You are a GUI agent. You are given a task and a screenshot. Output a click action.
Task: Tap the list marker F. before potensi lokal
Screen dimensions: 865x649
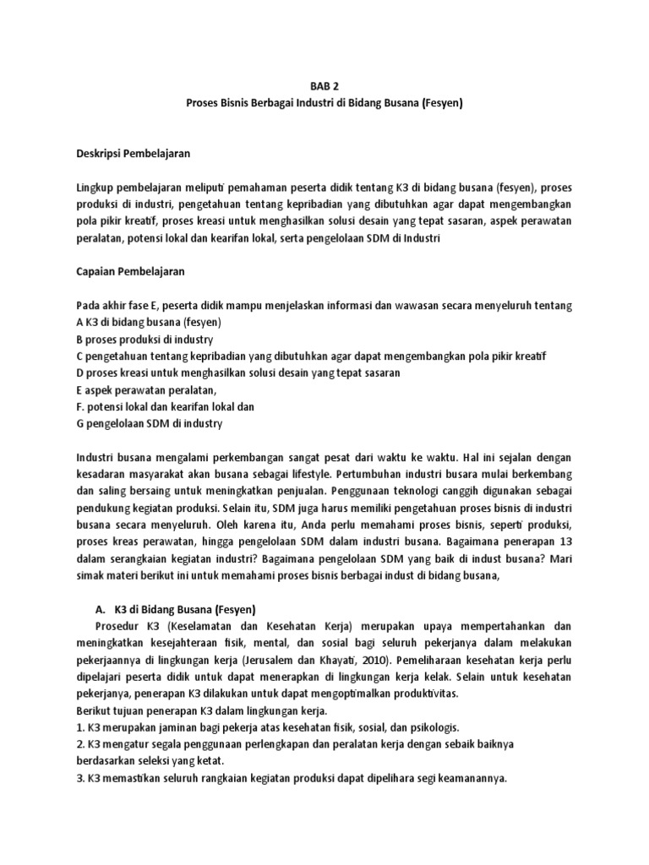point(79,406)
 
